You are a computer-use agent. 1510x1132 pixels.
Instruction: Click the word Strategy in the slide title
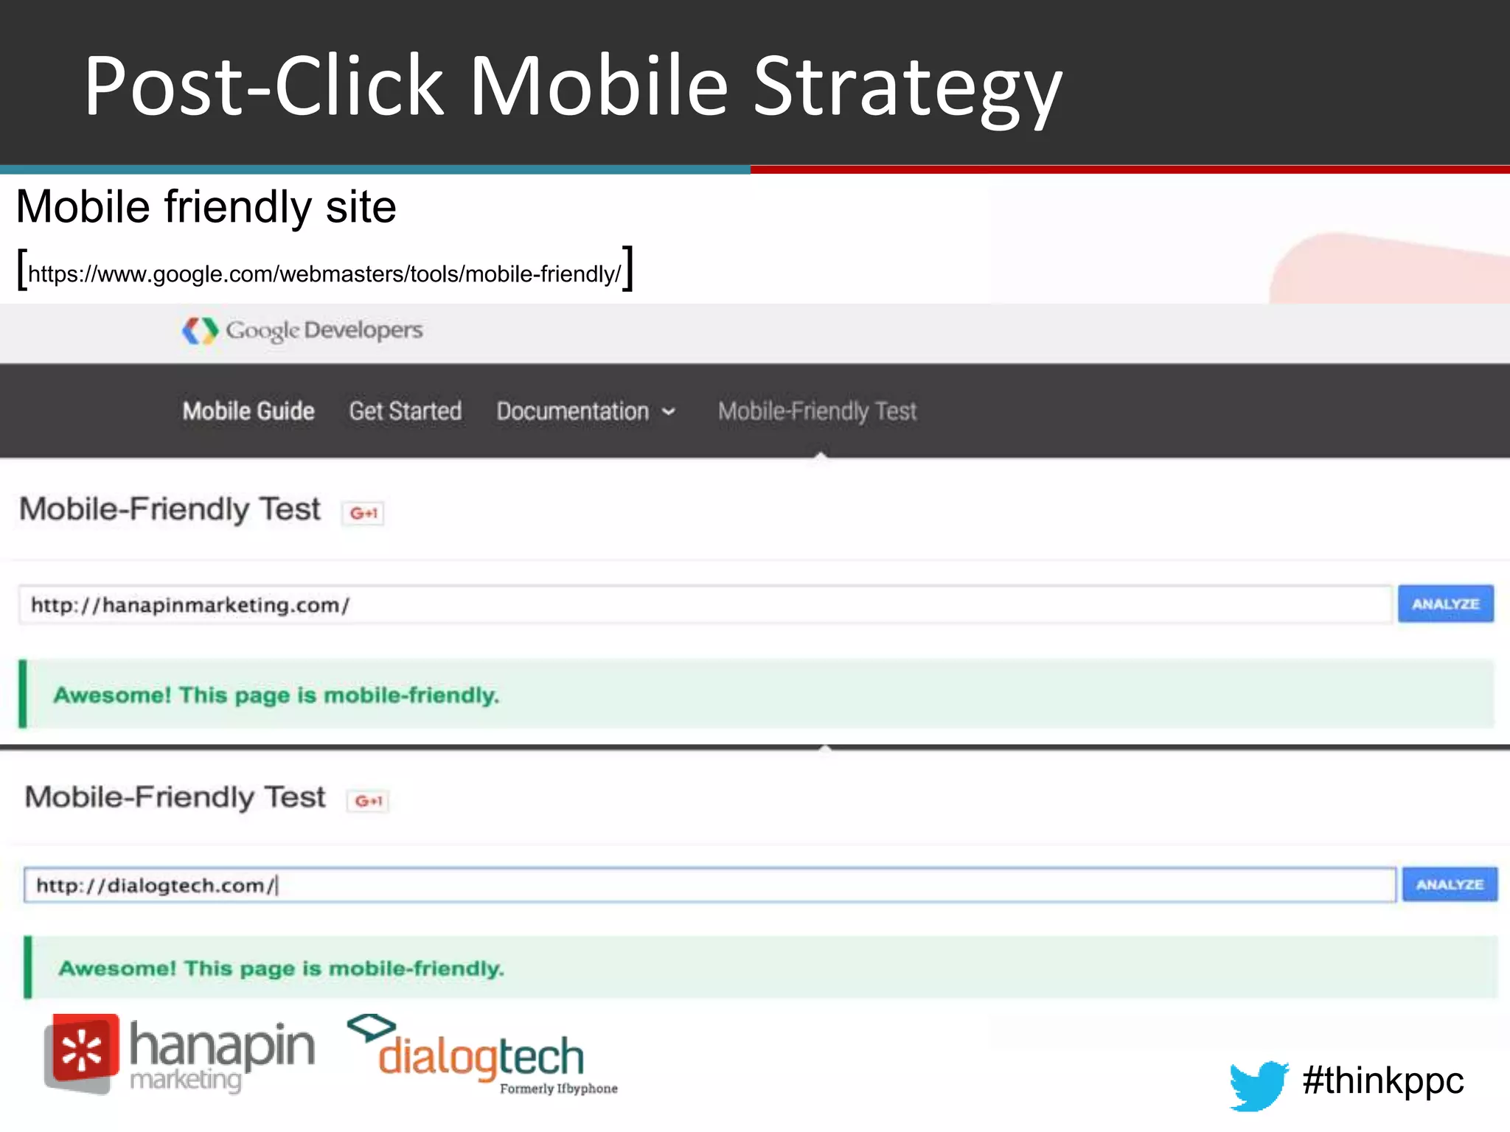click(x=907, y=88)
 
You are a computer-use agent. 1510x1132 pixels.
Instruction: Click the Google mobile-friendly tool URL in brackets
click(x=324, y=274)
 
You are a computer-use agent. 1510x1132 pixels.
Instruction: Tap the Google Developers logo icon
click(x=200, y=331)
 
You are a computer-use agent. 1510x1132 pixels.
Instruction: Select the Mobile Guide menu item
click(x=248, y=411)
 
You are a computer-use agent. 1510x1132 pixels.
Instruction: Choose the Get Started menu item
click(x=406, y=411)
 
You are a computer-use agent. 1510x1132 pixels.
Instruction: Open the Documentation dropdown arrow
click(x=669, y=412)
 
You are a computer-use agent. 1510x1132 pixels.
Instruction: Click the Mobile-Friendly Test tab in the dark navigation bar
click(x=817, y=411)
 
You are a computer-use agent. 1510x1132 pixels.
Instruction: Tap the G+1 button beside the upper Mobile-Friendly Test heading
click(x=363, y=513)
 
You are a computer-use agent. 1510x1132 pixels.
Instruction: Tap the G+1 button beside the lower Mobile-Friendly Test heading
click(x=369, y=801)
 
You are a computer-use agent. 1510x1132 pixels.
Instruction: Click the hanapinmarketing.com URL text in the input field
click(x=190, y=605)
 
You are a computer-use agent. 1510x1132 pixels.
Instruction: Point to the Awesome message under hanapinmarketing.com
click(x=276, y=695)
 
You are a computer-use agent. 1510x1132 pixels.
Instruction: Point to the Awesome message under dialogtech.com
click(x=282, y=968)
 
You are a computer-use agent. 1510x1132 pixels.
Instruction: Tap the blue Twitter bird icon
click(x=1258, y=1084)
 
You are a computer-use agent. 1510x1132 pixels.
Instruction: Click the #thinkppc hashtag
click(x=1382, y=1081)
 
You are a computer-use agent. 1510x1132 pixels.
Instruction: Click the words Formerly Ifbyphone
click(x=558, y=1089)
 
